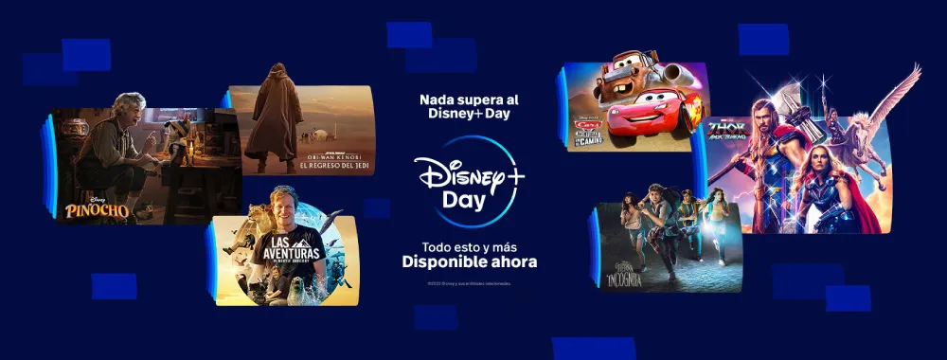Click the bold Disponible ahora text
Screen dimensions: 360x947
pos(470,262)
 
